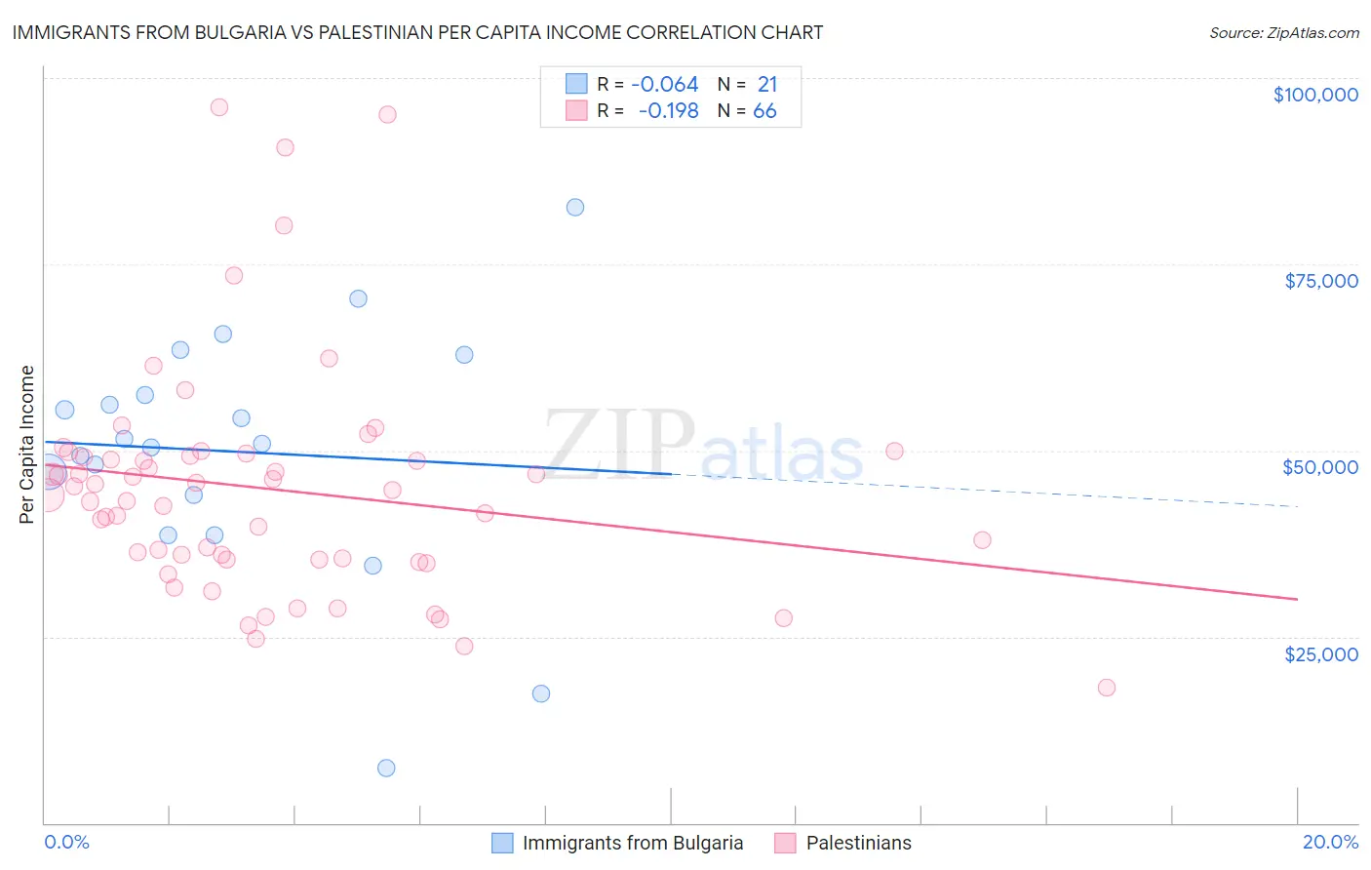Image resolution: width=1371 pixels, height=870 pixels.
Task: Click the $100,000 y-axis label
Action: click(1315, 95)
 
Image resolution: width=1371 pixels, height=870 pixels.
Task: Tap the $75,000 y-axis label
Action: click(1321, 281)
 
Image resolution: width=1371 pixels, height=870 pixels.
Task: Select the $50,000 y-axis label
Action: click(1320, 467)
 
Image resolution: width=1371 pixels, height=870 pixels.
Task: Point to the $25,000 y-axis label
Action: click(1321, 653)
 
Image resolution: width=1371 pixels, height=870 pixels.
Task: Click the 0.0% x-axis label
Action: click(66, 842)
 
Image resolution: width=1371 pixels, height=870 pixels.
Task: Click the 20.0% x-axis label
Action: click(1330, 842)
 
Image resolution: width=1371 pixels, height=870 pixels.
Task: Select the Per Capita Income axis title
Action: click(27, 444)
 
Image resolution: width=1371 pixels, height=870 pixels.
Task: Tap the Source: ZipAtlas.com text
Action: click(1284, 32)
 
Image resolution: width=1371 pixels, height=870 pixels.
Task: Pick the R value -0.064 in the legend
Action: click(665, 85)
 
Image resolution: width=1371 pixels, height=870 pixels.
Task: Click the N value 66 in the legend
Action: click(764, 111)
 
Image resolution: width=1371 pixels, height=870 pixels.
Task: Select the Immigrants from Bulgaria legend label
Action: click(633, 843)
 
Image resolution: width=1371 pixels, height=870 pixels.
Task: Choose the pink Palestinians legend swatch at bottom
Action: click(786, 843)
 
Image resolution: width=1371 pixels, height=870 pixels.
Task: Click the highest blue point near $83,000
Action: click(575, 207)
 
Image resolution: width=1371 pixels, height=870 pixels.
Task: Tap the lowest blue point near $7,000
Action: click(386, 768)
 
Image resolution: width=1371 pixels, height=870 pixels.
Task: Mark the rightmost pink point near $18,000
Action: click(1106, 688)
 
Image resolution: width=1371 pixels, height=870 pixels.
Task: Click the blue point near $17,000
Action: click(541, 693)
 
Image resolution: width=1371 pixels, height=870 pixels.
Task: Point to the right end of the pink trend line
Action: click(1297, 599)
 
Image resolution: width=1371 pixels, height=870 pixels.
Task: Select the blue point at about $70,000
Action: click(358, 298)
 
